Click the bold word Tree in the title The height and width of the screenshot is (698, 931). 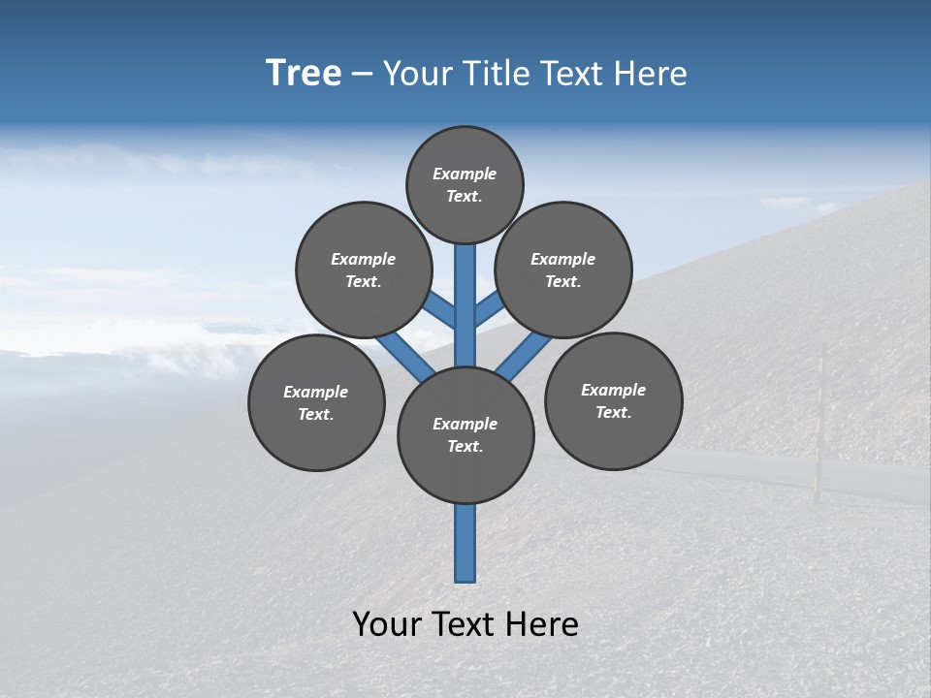304,74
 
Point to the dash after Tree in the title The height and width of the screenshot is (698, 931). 362,75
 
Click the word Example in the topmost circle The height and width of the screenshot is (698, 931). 465,174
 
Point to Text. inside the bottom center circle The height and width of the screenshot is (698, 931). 465,447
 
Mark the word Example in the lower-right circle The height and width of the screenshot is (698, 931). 613,390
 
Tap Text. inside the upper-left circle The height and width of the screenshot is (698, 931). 364,282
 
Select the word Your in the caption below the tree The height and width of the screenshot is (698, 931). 388,624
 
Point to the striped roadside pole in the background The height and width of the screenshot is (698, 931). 819,427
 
